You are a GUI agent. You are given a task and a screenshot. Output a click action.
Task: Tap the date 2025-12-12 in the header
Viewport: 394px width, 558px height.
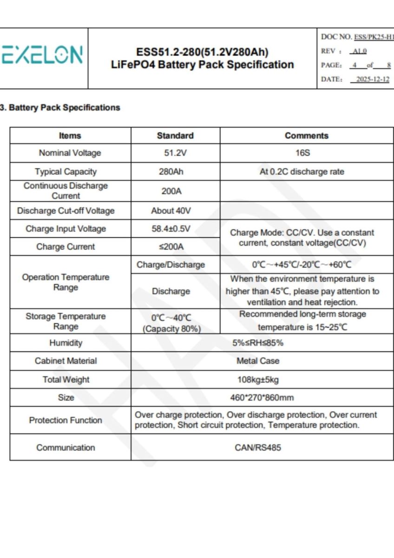[x=372, y=79]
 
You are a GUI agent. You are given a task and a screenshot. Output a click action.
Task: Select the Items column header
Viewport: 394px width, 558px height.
[x=70, y=136]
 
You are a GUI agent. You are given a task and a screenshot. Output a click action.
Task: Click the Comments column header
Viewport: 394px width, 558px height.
[x=306, y=136]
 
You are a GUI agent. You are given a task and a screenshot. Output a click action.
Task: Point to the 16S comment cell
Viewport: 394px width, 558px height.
[x=306, y=153]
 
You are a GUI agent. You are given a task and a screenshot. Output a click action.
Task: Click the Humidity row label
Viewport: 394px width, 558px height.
[x=66, y=343]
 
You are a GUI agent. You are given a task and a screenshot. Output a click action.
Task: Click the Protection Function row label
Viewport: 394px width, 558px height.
[x=66, y=420]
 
